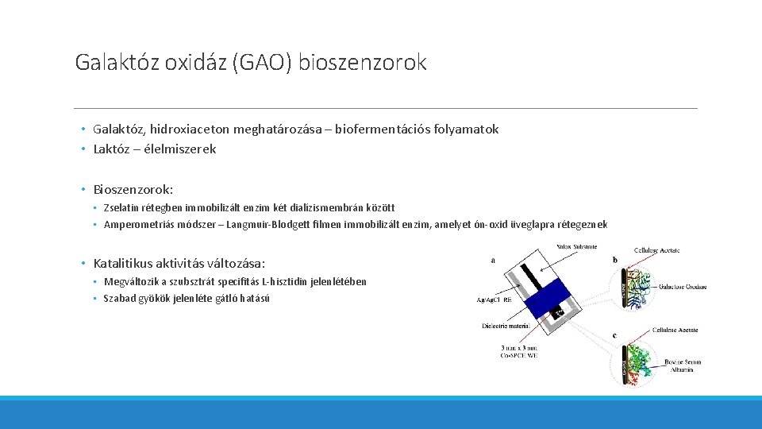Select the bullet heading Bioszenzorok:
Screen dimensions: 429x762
pyautogui.click(x=133, y=190)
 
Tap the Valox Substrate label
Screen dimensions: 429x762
pyautogui.click(x=576, y=246)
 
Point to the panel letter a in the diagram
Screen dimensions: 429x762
pyautogui.click(x=494, y=259)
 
